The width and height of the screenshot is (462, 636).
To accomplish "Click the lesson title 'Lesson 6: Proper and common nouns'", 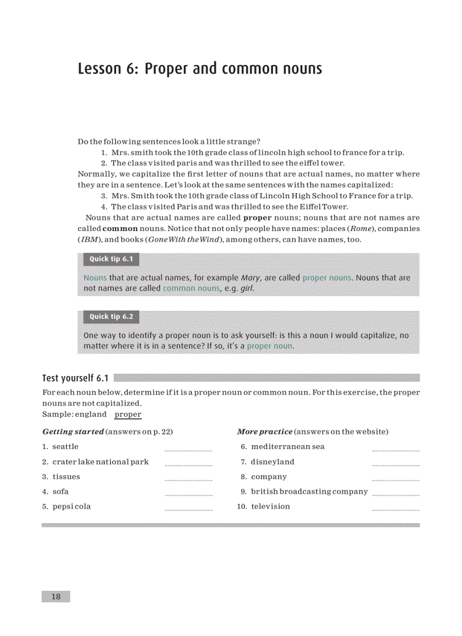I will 200,69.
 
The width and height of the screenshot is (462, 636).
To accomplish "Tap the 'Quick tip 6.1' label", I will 108,259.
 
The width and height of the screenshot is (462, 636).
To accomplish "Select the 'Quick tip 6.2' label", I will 108,317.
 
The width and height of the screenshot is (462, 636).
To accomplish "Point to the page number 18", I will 55,597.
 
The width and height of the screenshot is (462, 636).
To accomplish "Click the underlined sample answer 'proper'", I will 128,414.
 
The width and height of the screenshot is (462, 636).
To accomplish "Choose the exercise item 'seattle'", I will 65,446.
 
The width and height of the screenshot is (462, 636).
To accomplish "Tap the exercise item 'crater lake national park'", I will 100,462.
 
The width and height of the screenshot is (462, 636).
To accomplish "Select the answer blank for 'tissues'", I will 188,479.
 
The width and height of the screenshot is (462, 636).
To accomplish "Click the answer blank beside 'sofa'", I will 188,494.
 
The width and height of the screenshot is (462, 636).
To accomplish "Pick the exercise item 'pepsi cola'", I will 71,506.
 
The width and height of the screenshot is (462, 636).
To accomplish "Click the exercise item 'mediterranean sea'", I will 288,446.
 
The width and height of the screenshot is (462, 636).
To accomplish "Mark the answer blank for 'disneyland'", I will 395,464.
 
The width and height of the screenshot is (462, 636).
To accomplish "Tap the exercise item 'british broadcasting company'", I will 309,492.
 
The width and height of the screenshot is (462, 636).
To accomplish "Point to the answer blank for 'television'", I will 395,509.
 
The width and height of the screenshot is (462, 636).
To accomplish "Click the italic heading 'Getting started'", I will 73,432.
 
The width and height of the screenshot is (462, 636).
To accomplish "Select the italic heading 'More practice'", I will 264,432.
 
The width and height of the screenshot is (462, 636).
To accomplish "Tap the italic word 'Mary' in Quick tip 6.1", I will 250,278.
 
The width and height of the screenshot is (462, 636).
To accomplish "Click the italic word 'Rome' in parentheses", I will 363,229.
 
